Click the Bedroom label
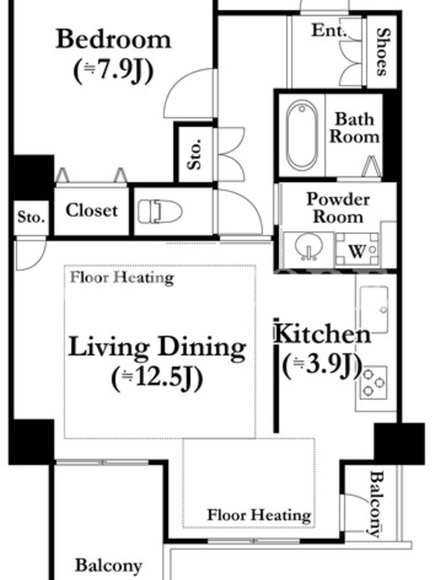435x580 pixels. (113, 39)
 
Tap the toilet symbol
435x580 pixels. (159, 212)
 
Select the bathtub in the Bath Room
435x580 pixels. (302, 135)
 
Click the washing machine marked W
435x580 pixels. (357, 249)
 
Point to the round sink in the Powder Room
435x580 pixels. (309, 246)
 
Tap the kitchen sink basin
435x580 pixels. (373, 310)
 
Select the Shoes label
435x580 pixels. (383, 51)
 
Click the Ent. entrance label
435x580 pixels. (328, 30)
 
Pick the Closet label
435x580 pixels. (92, 210)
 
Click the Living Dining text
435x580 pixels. (157, 347)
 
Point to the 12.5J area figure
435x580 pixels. (157, 378)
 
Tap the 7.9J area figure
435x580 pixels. (113, 70)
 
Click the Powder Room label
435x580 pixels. (338, 208)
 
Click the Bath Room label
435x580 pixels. (355, 128)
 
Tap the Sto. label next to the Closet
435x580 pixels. (31, 217)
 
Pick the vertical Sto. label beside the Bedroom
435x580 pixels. (194, 154)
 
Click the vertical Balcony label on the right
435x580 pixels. (376, 503)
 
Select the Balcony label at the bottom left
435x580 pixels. (109, 565)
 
